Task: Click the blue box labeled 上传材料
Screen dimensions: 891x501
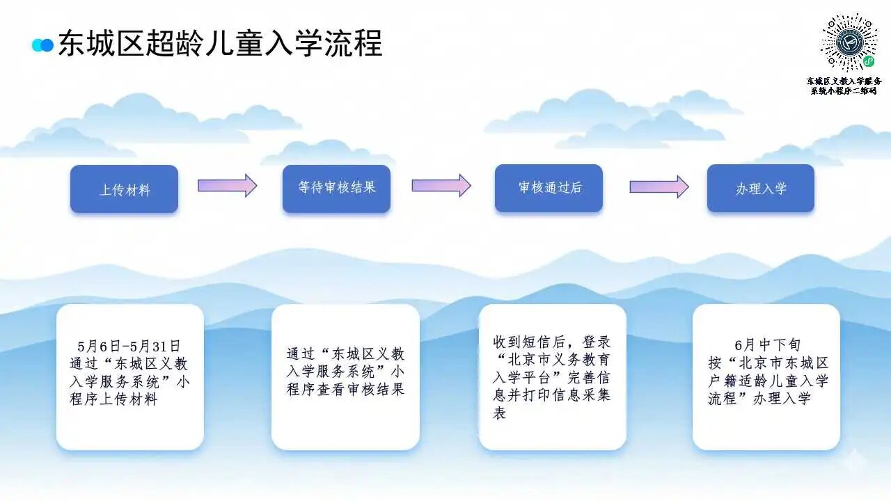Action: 124,189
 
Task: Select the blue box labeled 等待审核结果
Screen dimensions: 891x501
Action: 336,189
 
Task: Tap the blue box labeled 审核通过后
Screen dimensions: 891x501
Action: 549,188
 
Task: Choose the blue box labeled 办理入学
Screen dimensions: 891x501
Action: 761,188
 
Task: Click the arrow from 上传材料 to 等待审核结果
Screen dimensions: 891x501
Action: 228,185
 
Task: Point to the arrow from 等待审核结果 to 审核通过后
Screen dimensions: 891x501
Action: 441,185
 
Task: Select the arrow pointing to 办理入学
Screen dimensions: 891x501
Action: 659,186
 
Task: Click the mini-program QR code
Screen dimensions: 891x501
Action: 849,42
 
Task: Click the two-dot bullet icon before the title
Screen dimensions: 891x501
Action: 42,45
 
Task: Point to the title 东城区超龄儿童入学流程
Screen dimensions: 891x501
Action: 221,43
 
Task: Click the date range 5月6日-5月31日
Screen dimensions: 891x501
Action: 129,347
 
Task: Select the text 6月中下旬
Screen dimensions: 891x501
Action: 768,344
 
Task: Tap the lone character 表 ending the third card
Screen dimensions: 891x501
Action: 500,413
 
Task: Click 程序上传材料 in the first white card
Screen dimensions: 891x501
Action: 113,399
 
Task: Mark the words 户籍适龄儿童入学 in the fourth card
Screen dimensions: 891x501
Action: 768,381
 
